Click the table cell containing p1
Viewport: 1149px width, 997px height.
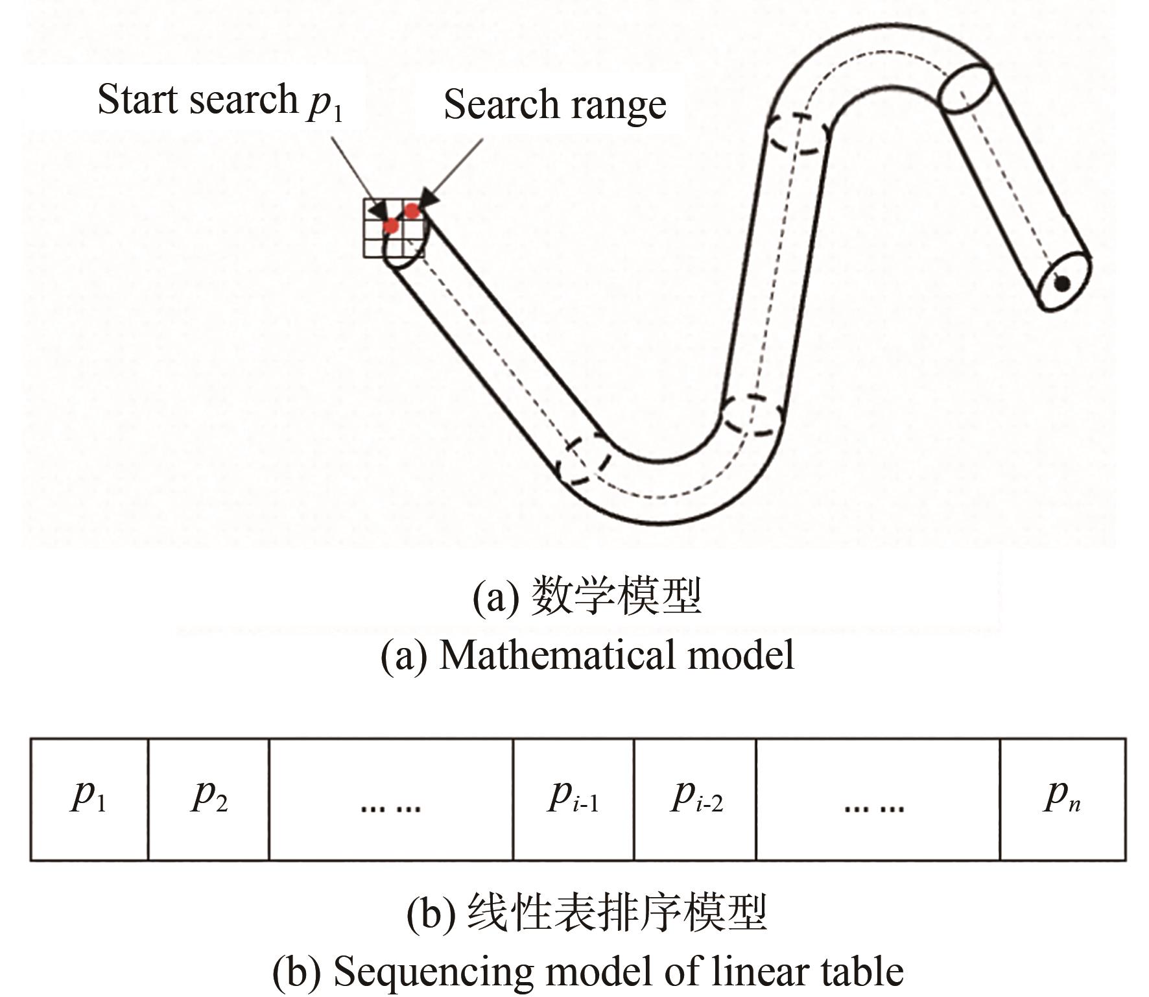89,799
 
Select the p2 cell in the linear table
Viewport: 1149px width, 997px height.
209,799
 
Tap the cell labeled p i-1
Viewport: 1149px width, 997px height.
573,799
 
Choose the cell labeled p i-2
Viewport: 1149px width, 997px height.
695,799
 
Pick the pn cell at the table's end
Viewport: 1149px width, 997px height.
1063,799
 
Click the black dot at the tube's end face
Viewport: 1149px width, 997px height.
1061,283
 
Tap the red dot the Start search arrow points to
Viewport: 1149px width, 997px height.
390,226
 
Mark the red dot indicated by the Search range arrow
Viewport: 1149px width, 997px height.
412,210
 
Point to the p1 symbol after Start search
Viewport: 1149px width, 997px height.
324,104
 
